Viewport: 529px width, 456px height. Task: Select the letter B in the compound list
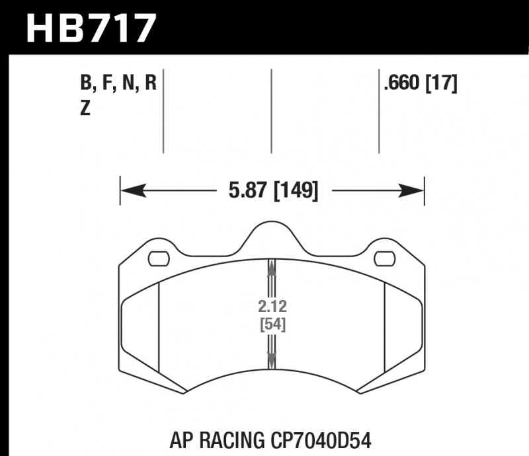(84, 84)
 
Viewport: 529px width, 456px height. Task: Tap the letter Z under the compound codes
(84, 110)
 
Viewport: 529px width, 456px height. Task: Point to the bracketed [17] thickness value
(442, 84)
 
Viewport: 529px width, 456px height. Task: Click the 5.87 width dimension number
(245, 192)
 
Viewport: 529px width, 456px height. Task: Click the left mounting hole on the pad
(158, 258)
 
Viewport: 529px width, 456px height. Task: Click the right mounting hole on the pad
(384, 258)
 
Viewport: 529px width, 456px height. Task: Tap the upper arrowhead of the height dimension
(271, 266)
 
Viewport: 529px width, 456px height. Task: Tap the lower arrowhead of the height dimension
(271, 361)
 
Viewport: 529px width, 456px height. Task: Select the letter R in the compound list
(151, 84)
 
